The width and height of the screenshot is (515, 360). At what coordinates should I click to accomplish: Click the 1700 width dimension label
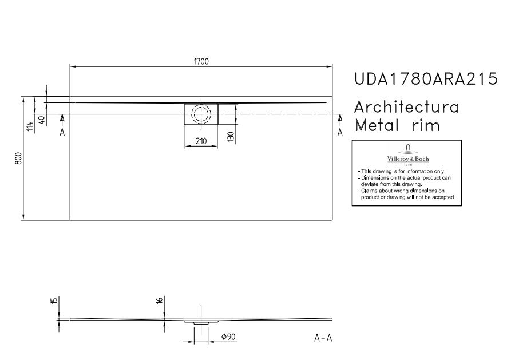click(x=201, y=61)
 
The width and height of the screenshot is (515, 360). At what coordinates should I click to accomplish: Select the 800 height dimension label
click(x=19, y=159)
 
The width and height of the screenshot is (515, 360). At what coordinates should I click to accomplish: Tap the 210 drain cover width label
click(x=201, y=141)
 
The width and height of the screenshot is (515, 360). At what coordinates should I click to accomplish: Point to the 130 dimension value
click(x=231, y=137)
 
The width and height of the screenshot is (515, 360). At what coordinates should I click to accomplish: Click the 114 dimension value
click(x=30, y=126)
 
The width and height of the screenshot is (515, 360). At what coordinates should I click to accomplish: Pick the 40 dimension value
click(x=42, y=120)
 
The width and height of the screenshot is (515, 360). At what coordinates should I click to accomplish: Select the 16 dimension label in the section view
click(x=160, y=300)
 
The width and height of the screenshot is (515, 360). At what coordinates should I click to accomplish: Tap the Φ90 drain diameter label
click(x=228, y=337)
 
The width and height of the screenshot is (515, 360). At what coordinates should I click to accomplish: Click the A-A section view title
click(x=323, y=338)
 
